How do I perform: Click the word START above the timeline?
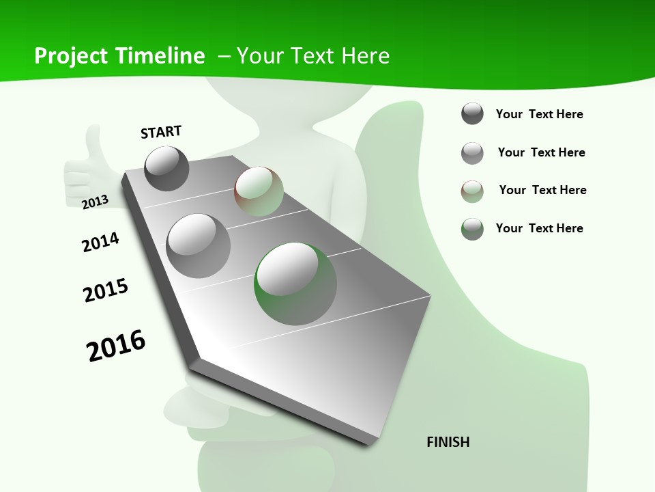pyautogui.click(x=161, y=132)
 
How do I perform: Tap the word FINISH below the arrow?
pyautogui.click(x=448, y=442)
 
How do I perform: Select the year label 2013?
pyautogui.click(x=96, y=202)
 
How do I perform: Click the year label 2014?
pyautogui.click(x=100, y=242)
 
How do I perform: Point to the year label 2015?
pyautogui.click(x=106, y=290)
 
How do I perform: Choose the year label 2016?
pyautogui.click(x=116, y=345)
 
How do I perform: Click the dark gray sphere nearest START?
pyautogui.click(x=166, y=168)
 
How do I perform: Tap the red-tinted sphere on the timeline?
pyautogui.click(x=259, y=191)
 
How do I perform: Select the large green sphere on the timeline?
pyautogui.click(x=295, y=284)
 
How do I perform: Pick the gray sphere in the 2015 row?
pyautogui.click(x=199, y=245)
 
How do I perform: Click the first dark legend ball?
pyautogui.click(x=472, y=114)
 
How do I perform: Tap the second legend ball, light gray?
pyautogui.click(x=472, y=153)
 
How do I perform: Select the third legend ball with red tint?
pyautogui.click(x=472, y=191)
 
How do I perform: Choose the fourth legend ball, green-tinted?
pyautogui.click(x=472, y=229)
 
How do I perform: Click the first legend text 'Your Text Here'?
pyautogui.click(x=539, y=114)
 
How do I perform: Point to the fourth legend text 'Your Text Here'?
pyautogui.click(x=539, y=228)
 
